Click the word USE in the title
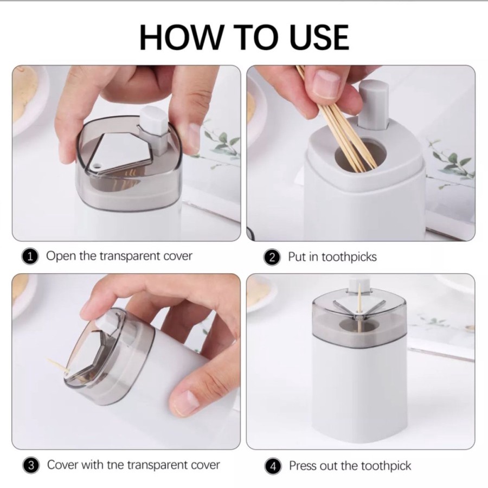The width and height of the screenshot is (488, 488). (319, 37)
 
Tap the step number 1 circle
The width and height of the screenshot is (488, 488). (30, 257)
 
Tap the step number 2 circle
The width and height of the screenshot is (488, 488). (272, 258)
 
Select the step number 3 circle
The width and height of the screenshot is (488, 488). (31, 466)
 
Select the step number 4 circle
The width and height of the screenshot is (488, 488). (273, 466)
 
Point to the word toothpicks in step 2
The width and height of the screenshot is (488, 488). (349, 257)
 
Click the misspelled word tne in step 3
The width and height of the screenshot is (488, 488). (116, 465)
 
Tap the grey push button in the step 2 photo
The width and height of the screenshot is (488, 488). (374, 104)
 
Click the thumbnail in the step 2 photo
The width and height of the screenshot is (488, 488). (326, 84)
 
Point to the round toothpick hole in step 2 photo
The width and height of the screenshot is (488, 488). (361, 156)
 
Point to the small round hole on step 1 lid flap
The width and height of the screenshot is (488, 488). (98, 165)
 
